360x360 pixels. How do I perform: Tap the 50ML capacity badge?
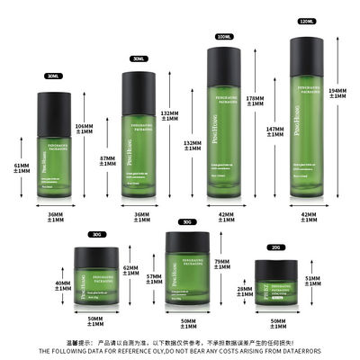coord(139,58)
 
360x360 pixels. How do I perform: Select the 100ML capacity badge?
coord(223,37)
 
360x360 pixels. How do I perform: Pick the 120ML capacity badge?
coord(307,20)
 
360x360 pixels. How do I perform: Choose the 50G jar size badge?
coord(187,220)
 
